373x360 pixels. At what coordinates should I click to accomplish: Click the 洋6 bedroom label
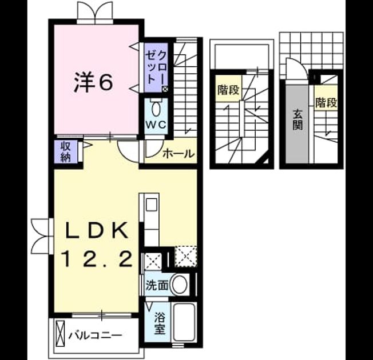point(93,83)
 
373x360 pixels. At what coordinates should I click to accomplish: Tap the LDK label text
point(97,230)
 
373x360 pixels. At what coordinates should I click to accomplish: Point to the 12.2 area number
point(97,259)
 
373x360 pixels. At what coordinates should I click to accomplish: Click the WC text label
point(156,125)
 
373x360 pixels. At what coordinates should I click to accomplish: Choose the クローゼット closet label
point(156,67)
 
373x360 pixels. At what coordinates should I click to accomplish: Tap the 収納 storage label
point(65,151)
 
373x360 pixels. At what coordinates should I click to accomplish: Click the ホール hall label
point(178,154)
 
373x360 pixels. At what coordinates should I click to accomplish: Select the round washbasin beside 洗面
point(180,285)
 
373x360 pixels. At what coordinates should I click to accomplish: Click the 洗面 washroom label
point(157,285)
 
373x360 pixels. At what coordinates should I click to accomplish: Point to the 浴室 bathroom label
point(160,323)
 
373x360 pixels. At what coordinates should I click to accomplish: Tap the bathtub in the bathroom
point(184,322)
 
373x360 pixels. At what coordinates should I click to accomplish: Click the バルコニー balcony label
point(95,336)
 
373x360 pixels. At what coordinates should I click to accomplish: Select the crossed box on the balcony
point(60,334)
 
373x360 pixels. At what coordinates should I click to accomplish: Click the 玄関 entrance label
point(297,120)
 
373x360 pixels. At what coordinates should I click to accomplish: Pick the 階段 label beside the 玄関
point(326,103)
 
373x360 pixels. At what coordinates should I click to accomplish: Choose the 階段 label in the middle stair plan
point(228,90)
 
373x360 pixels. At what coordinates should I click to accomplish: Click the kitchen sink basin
point(151,205)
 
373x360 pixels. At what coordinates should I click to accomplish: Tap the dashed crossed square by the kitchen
point(186,257)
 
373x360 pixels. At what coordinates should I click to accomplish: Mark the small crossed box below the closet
point(165,89)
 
